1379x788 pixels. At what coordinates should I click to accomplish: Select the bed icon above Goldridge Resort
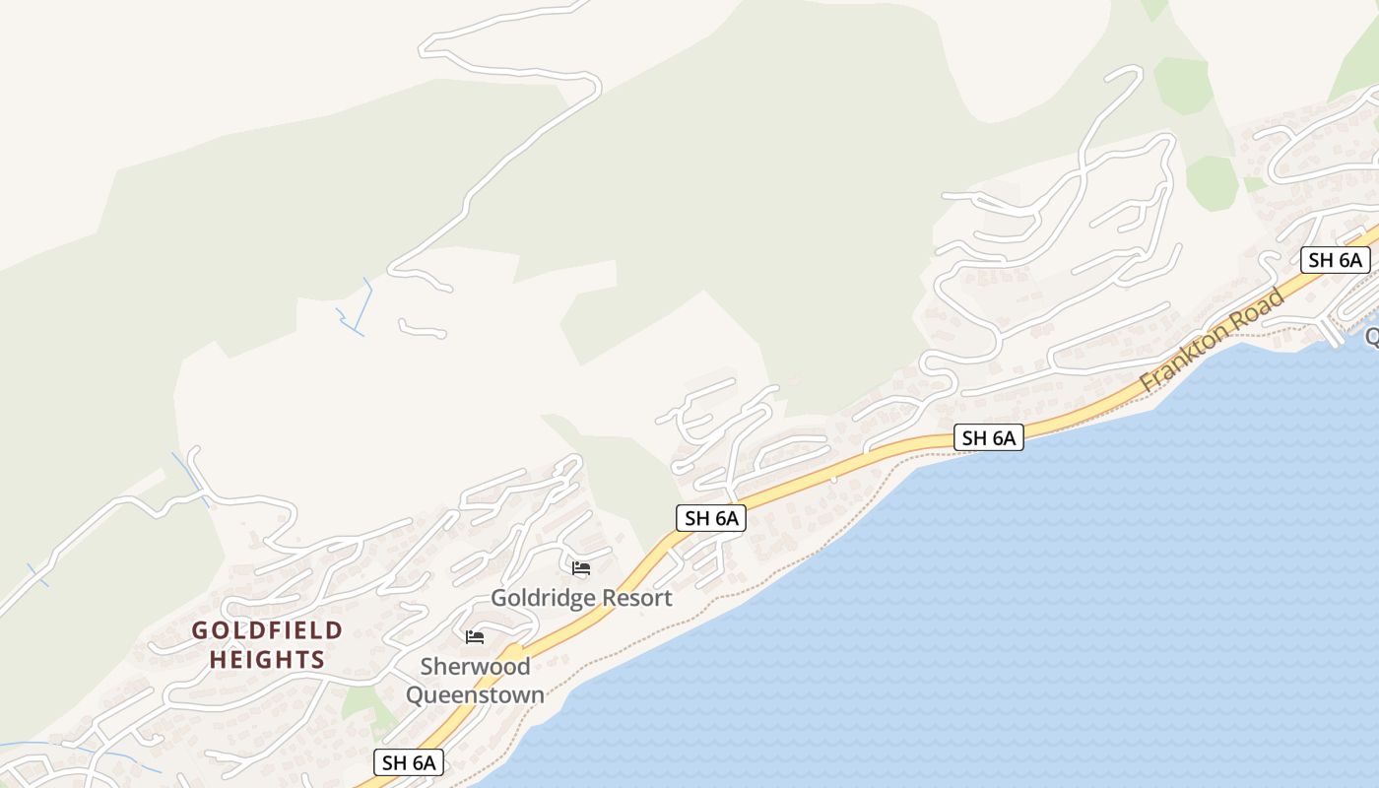[581, 568]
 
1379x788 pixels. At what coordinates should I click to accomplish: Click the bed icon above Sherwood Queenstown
[475, 637]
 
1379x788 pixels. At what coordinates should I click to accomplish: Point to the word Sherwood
[475, 667]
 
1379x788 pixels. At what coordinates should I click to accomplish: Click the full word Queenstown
[475, 695]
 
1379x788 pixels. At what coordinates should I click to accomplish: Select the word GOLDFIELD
[267, 630]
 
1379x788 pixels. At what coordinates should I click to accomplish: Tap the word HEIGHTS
[267, 660]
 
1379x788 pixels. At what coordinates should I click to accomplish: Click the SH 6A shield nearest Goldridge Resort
[710, 518]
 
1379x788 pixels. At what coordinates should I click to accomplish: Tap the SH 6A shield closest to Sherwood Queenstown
[409, 762]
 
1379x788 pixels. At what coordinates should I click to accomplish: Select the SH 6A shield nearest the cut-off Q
[1335, 260]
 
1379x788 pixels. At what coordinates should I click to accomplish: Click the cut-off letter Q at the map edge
[1371, 337]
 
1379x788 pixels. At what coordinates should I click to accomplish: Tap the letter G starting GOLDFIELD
[200, 630]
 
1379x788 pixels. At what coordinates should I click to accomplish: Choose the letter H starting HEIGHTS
[218, 660]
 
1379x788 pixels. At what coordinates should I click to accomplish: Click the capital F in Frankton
[1149, 380]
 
